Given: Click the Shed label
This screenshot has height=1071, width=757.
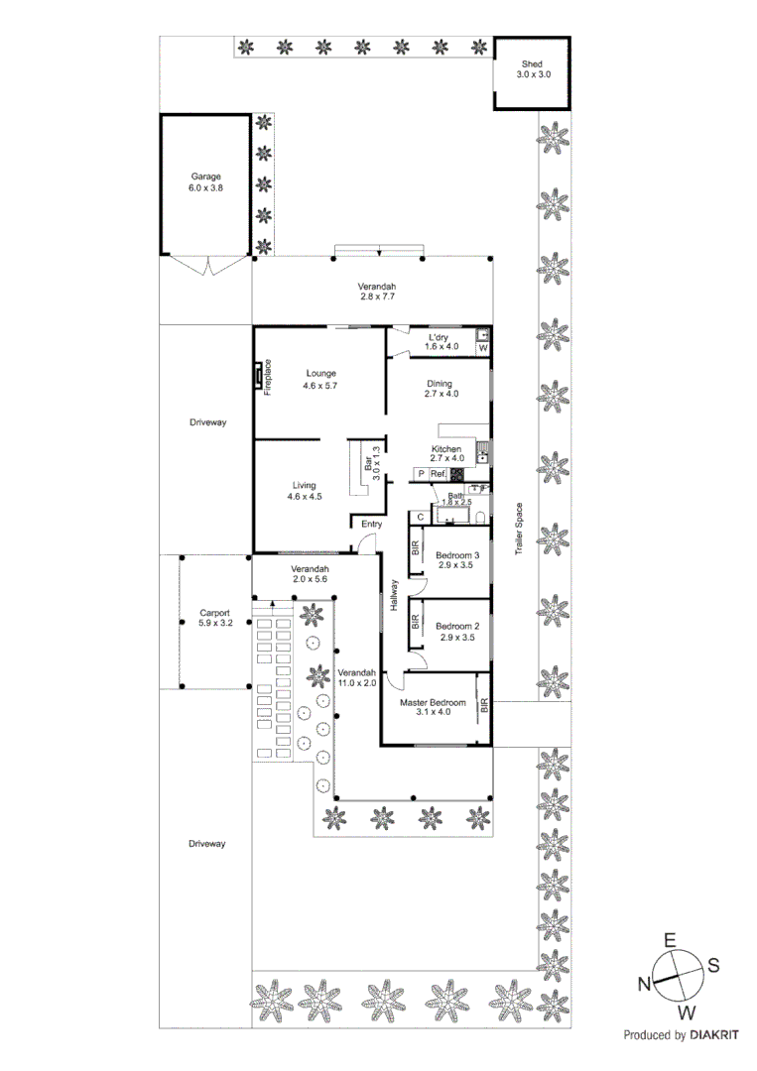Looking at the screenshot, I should [x=533, y=68].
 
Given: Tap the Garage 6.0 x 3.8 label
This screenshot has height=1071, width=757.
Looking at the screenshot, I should [x=206, y=181].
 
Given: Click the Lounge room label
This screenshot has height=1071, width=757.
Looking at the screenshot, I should [x=319, y=379].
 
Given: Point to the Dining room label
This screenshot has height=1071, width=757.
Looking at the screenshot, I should [x=439, y=389].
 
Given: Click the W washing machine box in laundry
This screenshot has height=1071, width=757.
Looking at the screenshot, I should [x=483, y=348].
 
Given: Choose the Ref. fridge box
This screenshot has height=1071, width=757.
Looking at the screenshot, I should [x=438, y=475].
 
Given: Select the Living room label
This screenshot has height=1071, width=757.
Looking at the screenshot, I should [x=304, y=491].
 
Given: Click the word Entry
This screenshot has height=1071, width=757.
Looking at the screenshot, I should [x=371, y=524].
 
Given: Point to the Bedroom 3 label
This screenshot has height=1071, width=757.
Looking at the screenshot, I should [x=457, y=560].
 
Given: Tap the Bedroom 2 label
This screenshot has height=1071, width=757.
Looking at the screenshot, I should [x=457, y=631].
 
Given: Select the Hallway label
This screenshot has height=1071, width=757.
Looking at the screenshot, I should [x=394, y=595].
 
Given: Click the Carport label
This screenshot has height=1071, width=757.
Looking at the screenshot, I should [x=214, y=618].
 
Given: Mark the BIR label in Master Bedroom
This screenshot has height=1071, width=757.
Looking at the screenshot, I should [x=484, y=706].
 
